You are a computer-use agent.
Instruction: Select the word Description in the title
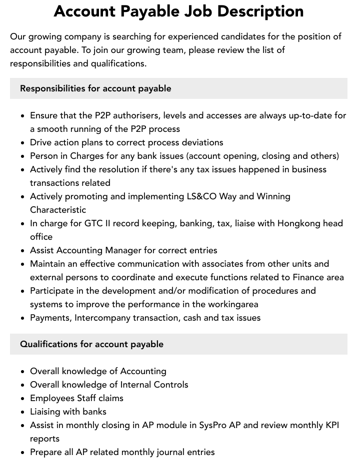267,11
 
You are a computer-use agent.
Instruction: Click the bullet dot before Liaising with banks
23,412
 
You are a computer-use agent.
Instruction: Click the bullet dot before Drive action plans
23,143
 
